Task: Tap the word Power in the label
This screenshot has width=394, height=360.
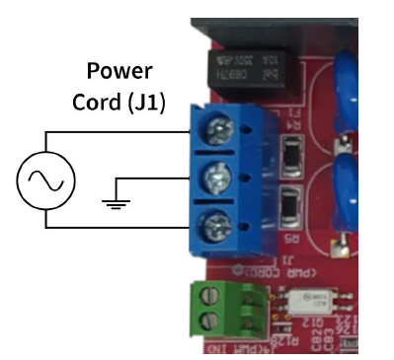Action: coord(118,71)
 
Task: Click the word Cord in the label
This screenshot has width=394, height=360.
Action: coord(95,101)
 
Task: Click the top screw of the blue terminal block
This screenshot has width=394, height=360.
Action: coord(216,126)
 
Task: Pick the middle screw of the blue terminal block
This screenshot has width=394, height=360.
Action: coord(216,180)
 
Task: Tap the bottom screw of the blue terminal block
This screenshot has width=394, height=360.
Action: coord(216,234)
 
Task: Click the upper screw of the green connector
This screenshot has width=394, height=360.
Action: coord(209,297)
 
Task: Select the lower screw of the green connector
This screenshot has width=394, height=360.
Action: coord(209,320)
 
